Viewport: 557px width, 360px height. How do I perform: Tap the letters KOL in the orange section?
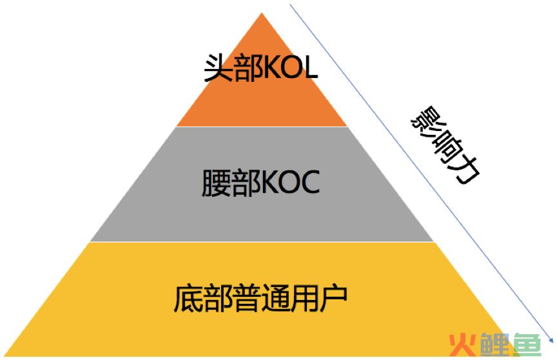pos(290,68)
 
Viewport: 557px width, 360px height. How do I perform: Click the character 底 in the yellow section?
pos(188,298)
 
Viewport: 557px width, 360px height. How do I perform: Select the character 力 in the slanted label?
pos(465,170)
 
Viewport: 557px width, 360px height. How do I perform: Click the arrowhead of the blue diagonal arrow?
pos(551,341)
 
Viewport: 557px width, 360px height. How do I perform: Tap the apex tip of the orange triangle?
pos(262,13)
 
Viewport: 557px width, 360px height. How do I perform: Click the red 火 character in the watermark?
pos(462,345)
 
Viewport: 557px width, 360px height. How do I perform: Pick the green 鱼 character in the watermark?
pos(527,345)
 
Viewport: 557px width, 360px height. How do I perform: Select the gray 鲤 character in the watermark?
pos(495,345)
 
